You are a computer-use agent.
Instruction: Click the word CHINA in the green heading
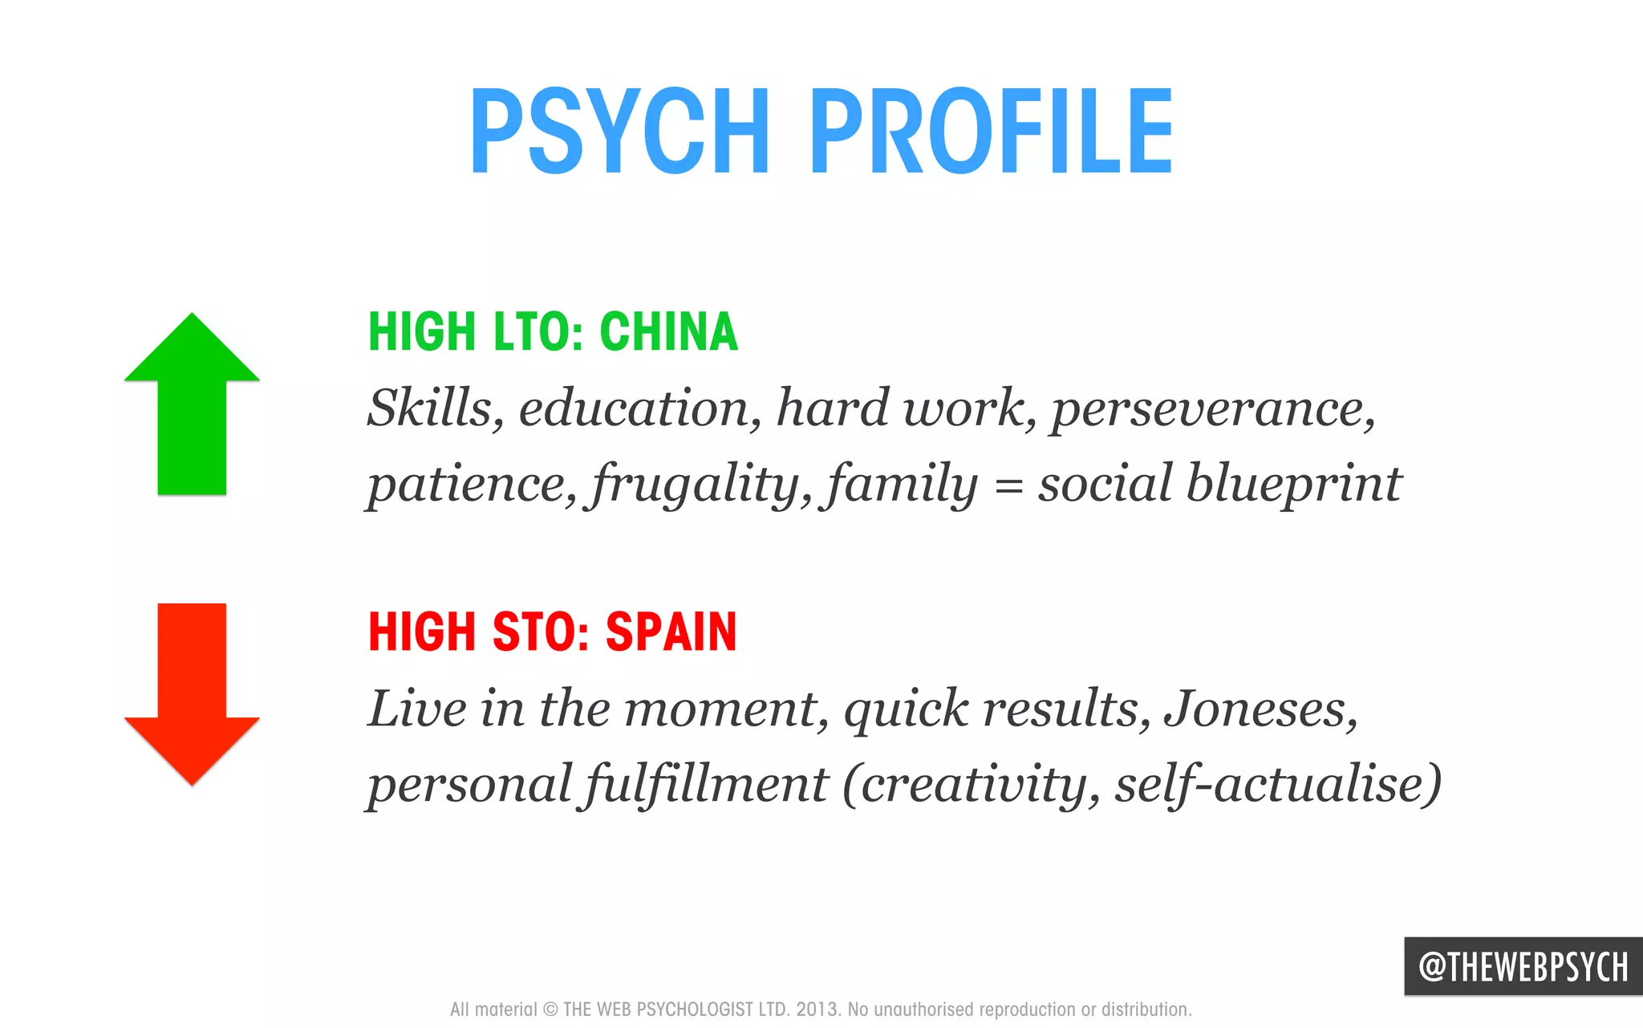pyautogui.click(x=668, y=331)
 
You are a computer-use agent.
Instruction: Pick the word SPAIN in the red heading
pyautogui.click(x=671, y=632)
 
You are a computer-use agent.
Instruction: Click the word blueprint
pyautogui.click(x=1293, y=484)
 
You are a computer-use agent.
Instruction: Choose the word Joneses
pyautogui.click(x=1260, y=709)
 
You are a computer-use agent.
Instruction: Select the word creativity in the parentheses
pyautogui.click(x=971, y=784)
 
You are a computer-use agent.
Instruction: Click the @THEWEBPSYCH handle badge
pyautogui.click(x=1523, y=966)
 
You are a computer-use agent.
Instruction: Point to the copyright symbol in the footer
pyautogui.click(x=551, y=1010)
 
